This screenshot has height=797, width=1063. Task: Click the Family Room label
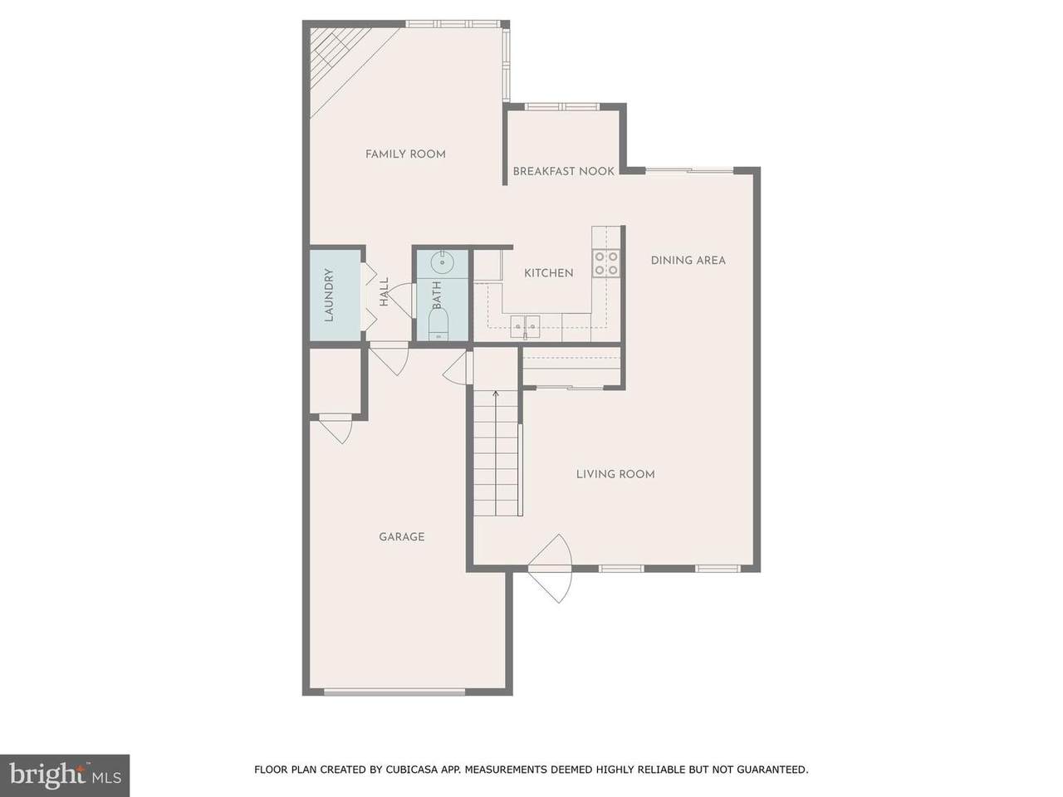tap(405, 154)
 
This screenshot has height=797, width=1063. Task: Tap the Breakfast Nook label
tap(564, 171)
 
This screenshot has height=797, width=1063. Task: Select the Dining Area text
tap(688, 261)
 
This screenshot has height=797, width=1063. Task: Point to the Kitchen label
tap(549, 273)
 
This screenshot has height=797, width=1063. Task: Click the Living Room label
tap(615, 474)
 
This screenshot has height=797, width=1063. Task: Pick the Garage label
tap(402, 536)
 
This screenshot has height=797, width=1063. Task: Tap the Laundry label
tap(329, 296)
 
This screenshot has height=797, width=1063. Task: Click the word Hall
tap(384, 291)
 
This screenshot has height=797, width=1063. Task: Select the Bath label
tap(437, 295)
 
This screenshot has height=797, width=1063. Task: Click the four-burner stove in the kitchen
tap(606, 263)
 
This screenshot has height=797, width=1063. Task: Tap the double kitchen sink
tap(526, 326)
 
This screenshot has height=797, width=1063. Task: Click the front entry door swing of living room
tap(550, 569)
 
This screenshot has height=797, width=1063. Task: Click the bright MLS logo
tap(65, 775)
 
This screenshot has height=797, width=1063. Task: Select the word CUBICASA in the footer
tap(409, 770)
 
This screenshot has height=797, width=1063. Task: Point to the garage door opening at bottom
tap(394, 692)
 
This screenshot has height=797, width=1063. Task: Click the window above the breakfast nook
tap(562, 106)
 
